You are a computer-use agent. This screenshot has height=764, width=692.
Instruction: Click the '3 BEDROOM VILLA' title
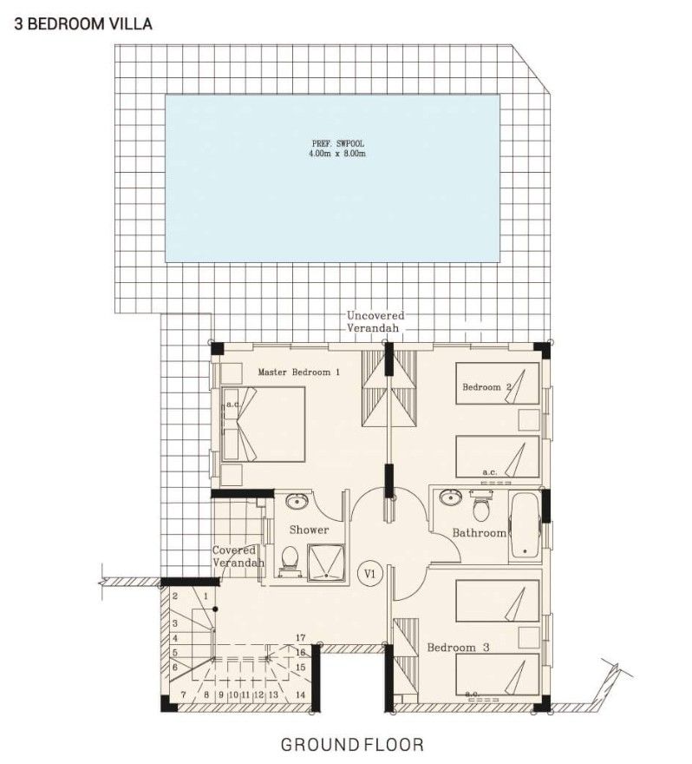tap(83, 24)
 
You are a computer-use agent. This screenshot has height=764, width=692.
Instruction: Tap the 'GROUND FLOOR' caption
tap(352, 744)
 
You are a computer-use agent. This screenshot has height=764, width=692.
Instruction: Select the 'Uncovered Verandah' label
tap(375, 322)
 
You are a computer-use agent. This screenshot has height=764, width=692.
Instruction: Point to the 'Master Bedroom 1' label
tap(298, 372)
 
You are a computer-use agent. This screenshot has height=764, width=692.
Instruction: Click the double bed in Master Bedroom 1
tap(264, 424)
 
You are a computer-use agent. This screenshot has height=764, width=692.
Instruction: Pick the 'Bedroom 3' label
tap(459, 648)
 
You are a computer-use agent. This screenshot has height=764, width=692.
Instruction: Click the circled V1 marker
tap(370, 574)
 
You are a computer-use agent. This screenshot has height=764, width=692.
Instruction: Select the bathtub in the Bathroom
tap(524, 524)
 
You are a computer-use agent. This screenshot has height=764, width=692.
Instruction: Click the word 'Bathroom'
tap(479, 532)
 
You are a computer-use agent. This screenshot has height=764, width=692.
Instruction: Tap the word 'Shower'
tap(309, 530)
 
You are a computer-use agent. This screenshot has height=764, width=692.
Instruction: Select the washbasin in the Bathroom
tap(450, 498)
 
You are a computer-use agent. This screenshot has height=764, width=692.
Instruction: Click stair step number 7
tap(183, 695)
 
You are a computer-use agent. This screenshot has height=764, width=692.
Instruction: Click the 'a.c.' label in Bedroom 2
tap(489, 472)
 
